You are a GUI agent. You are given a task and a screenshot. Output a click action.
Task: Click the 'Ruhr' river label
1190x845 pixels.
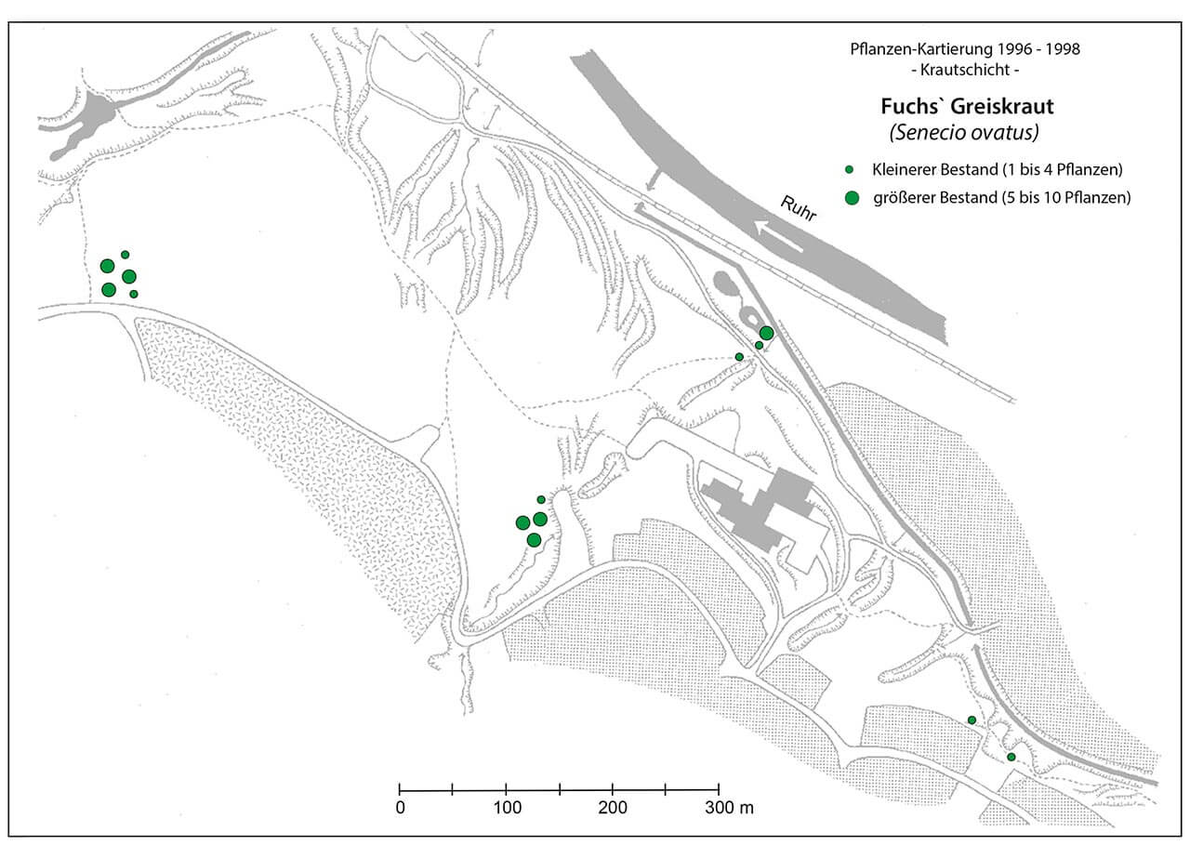point(798,208)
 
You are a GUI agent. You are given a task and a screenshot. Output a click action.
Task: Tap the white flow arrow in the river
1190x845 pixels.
point(779,235)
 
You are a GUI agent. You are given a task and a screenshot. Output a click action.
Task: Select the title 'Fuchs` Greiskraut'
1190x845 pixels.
point(967,106)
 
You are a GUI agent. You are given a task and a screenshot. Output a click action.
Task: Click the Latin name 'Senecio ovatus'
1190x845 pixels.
point(964,132)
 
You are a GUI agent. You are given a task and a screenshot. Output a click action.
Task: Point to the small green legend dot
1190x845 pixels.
point(849,169)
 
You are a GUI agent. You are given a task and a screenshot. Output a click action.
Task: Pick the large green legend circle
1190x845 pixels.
point(852,198)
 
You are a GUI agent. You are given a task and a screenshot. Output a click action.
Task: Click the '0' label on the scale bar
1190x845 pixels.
point(400,808)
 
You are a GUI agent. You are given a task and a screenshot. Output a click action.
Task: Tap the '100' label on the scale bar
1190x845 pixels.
point(507,808)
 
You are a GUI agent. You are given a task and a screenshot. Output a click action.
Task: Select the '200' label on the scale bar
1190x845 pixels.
point(613,808)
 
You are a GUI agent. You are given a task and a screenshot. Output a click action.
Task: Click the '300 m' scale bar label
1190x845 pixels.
point(729,808)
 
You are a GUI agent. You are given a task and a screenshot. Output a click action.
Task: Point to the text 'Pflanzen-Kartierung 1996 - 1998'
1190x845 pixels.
point(965,49)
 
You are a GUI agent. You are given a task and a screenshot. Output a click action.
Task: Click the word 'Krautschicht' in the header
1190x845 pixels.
point(965,70)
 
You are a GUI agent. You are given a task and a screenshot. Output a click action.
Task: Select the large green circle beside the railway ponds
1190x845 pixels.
point(766,333)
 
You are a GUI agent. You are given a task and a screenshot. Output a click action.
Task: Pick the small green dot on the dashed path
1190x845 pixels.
point(739,357)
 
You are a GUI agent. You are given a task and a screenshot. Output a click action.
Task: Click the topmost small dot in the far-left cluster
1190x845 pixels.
point(125,255)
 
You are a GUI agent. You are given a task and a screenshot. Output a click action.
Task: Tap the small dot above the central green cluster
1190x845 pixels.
point(541,499)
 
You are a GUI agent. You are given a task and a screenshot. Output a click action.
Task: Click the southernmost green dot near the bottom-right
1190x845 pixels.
point(1011,757)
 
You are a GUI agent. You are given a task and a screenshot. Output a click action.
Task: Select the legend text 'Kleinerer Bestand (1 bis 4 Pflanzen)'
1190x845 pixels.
point(998,169)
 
